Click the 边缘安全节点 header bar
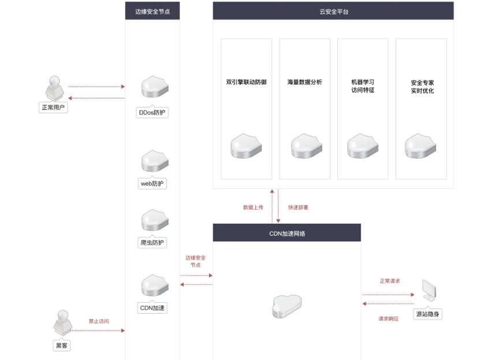click(152, 11)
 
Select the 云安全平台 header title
click(334, 12)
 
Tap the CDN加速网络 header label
click(287, 233)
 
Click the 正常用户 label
click(53, 107)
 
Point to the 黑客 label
click(62, 346)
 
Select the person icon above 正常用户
click(54, 88)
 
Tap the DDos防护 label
click(152, 113)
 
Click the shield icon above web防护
click(155, 161)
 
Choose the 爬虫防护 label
click(152, 243)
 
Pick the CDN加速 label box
click(152, 307)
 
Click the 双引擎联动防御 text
click(246, 82)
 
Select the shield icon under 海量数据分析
click(307, 146)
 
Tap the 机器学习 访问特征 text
click(363, 86)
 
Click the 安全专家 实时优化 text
click(422, 87)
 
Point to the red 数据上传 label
click(253, 207)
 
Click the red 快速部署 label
click(298, 207)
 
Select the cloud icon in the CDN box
click(287, 306)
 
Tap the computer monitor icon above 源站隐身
click(429, 291)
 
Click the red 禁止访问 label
click(99, 321)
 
